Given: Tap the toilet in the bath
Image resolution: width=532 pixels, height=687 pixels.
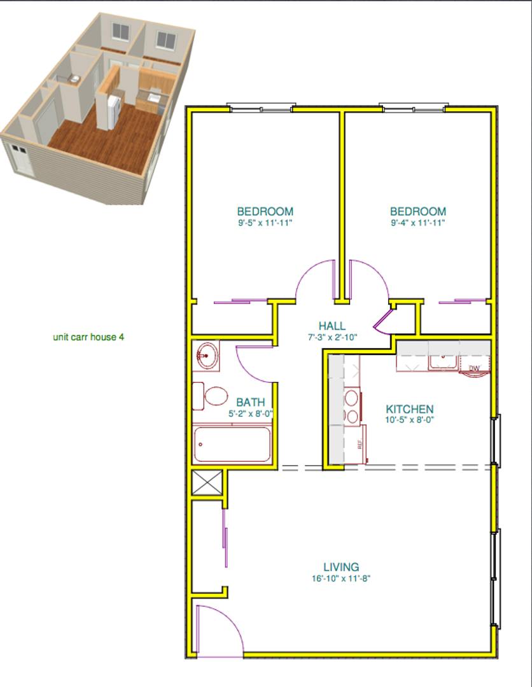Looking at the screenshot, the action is [x=210, y=396].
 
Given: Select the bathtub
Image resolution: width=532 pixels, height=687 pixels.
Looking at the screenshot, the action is [x=232, y=444].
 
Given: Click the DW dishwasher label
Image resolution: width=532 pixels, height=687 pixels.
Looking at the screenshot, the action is [x=474, y=368].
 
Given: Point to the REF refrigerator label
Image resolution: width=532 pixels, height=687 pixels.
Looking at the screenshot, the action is [x=360, y=444].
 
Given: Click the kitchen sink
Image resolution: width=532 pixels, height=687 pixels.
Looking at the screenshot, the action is [x=443, y=363].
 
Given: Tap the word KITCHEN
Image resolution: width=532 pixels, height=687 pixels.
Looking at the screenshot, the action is [x=410, y=409].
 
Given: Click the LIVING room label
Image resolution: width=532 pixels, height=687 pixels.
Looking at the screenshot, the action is [x=341, y=567].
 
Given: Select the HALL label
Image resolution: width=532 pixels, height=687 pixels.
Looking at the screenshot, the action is [x=332, y=326].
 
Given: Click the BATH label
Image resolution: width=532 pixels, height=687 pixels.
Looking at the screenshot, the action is [x=250, y=402].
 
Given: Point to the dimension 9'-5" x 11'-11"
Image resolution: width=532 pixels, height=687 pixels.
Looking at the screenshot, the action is [x=265, y=223].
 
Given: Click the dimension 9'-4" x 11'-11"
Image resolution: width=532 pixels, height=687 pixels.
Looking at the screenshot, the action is [x=418, y=223].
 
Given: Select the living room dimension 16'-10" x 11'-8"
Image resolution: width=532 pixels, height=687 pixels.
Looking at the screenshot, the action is [x=341, y=578].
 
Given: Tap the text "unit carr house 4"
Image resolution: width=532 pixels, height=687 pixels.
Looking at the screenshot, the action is [x=88, y=337].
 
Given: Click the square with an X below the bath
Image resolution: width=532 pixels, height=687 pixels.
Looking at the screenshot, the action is [x=206, y=482].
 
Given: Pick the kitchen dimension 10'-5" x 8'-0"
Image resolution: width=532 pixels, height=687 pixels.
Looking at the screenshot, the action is [x=410, y=420].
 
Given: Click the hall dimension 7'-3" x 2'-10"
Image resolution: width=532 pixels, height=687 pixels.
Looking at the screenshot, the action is [x=332, y=337].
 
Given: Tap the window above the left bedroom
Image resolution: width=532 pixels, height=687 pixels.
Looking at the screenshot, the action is [x=261, y=108].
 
